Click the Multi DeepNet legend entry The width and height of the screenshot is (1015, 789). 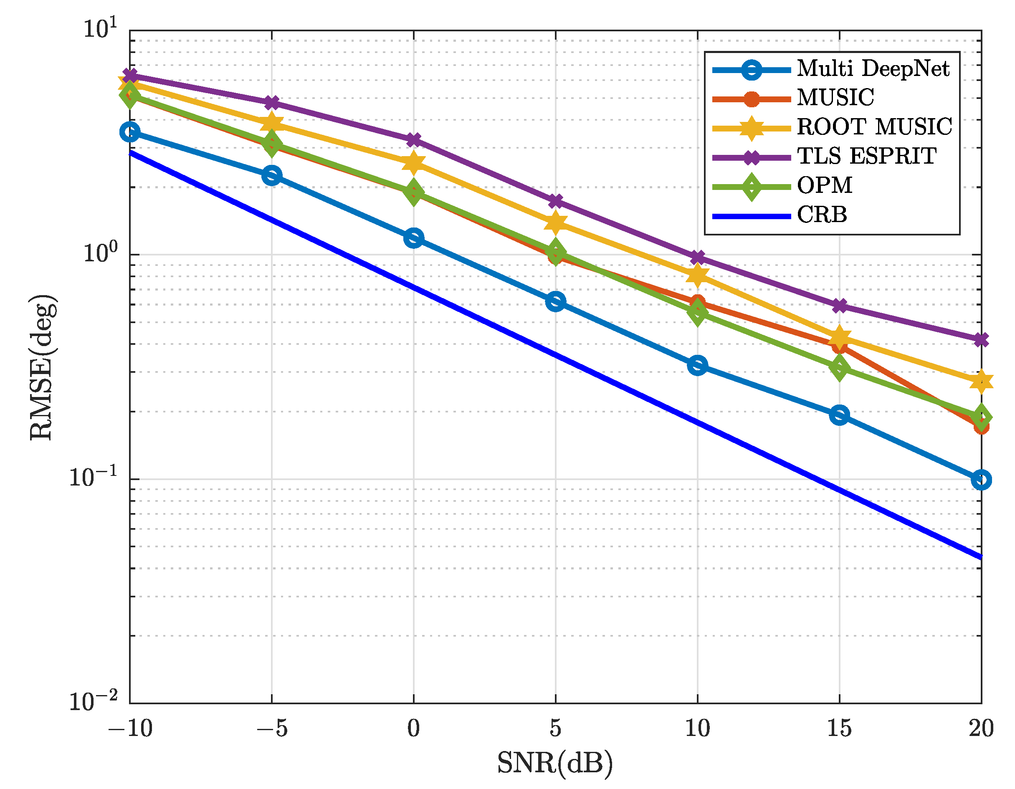(873, 69)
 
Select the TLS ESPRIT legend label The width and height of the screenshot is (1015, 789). (866, 156)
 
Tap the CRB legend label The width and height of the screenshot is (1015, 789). (822, 215)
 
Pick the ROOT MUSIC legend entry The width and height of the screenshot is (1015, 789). (874, 127)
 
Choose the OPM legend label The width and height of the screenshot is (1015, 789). (825, 185)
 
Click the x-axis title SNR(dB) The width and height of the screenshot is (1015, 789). (555, 763)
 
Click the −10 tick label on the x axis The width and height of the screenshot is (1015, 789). (130, 728)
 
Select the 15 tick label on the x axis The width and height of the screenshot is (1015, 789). (839, 728)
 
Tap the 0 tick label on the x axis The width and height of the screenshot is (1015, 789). (413, 728)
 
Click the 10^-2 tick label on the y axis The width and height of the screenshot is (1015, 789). (93, 701)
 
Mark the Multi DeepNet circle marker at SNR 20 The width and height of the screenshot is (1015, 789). (981, 480)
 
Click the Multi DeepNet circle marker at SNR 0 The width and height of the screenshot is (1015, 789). (413, 238)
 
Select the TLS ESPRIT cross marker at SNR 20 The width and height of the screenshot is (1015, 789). (981, 340)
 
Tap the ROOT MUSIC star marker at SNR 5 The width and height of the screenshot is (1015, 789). (555, 223)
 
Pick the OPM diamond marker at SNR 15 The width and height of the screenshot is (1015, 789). (839, 368)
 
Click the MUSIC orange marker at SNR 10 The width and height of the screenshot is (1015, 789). (697, 303)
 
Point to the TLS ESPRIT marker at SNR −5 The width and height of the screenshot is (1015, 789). (271, 102)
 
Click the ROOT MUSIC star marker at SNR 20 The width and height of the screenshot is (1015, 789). (981, 382)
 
